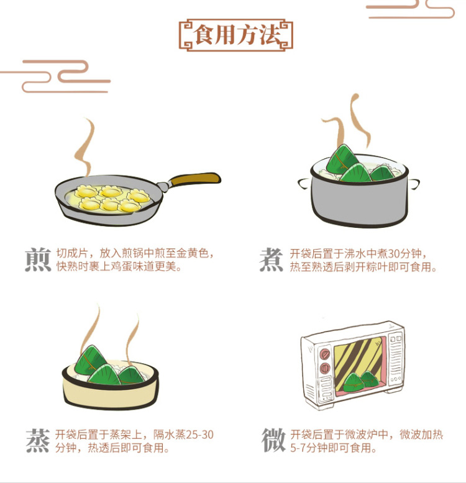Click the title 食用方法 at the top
tap(236, 35)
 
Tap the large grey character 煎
tap(38, 260)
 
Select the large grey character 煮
tap(272, 260)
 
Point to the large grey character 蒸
tap(38, 441)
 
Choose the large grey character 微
tap(273, 440)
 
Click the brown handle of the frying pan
tap(194, 179)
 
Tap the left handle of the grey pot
tap(304, 184)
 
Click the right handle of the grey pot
tap(414, 184)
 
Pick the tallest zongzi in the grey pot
tap(343, 160)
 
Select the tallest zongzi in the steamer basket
tap(90, 361)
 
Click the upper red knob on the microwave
tap(324, 354)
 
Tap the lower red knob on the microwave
tap(325, 368)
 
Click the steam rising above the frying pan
tap(85, 148)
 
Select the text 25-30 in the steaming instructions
tap(199, 435)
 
